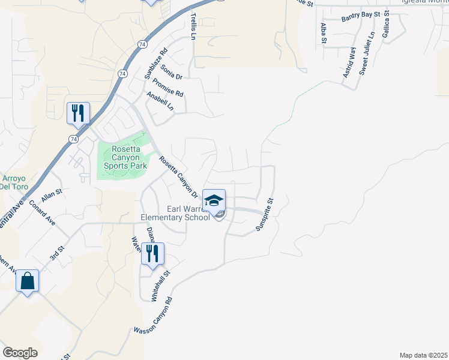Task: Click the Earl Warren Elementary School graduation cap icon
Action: [x=214, y=200]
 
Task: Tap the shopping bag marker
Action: [x=28, y=281]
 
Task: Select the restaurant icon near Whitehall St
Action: [x=152, y=253]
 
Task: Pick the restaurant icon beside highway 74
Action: [x=78, y=113]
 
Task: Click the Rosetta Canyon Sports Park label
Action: [x=125, y=157]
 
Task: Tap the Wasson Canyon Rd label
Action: [x=153, y=316]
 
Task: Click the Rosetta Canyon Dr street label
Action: [x=178, y=177]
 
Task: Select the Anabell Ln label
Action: [x=160, y=101]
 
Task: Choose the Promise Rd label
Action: [x=168, y=88]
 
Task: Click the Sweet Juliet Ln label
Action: [x=367, y=53]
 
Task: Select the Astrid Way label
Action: [x=349, y=59]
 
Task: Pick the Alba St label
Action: [x=323, y=34]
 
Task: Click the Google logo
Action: [x=20, y=353]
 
